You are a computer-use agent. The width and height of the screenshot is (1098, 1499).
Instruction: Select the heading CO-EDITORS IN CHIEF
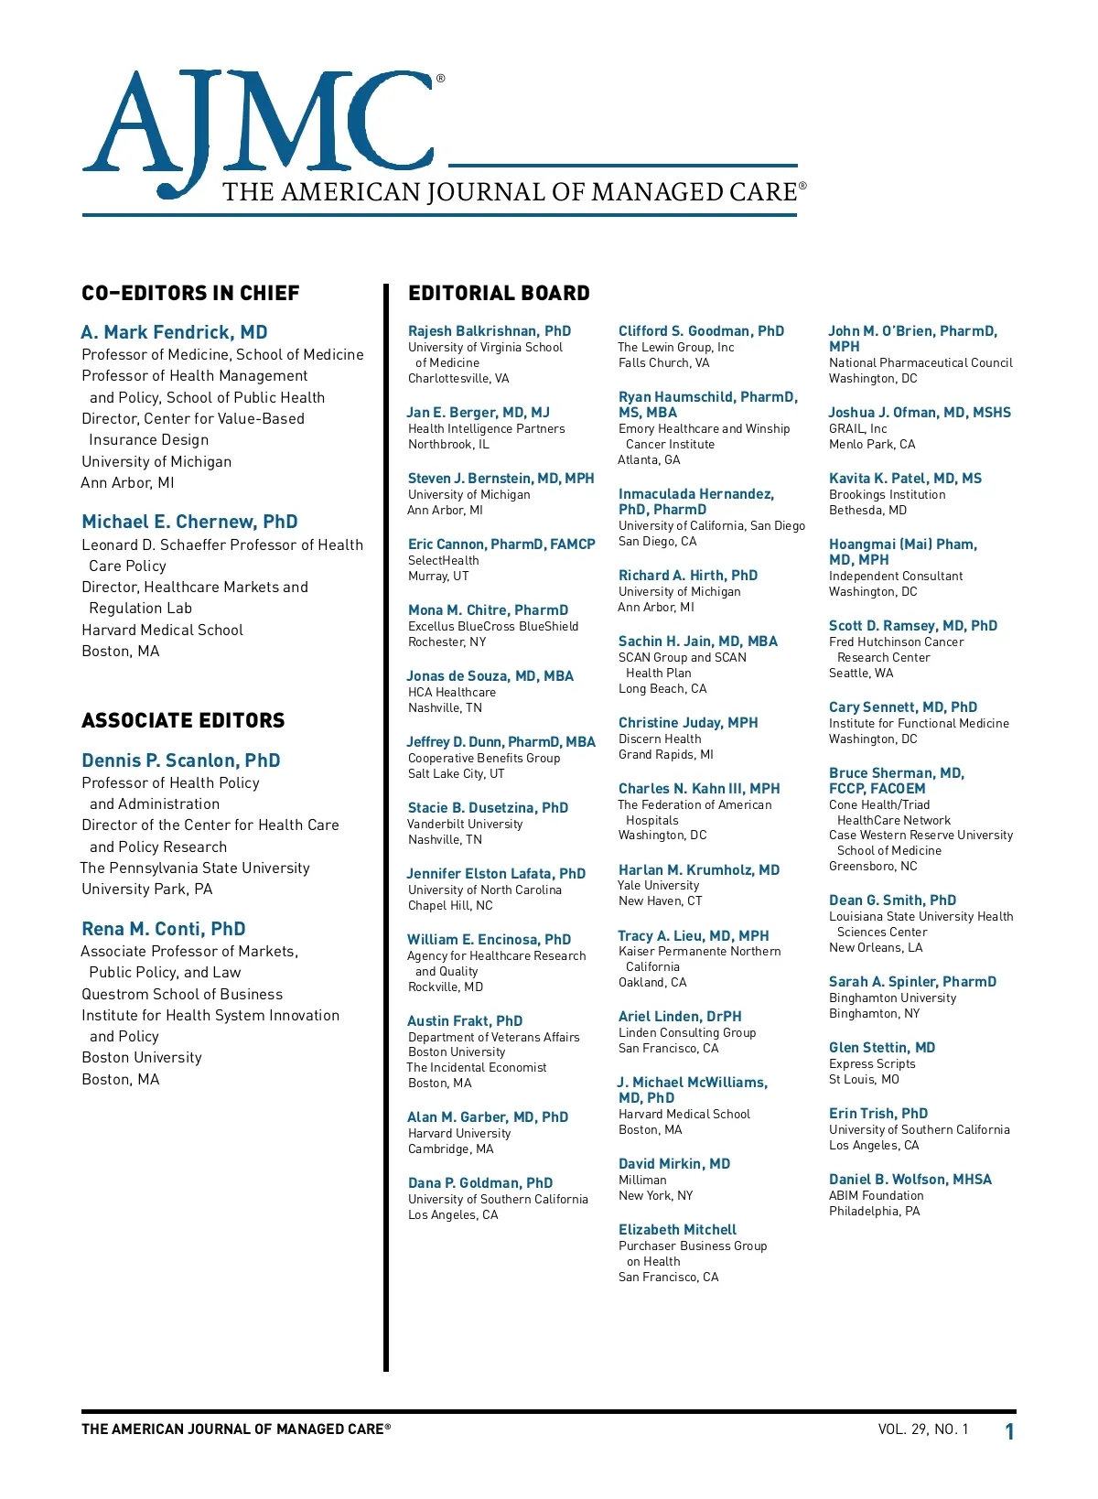coord(190,294)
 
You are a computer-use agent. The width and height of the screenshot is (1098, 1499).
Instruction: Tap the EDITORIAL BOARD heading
coord(499,294)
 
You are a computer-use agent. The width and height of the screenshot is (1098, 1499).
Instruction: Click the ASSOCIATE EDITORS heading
coord(183,721)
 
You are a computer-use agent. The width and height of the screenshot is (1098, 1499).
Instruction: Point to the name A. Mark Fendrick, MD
coord(174,332)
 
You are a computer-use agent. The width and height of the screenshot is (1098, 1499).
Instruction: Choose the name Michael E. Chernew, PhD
coord(189,522)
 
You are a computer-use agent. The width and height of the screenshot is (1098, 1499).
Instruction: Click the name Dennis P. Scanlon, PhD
coord(180,760)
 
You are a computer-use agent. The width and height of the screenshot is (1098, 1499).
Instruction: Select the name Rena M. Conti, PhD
coord(163,929)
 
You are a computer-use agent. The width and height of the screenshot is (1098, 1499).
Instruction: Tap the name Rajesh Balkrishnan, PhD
coord(489,331)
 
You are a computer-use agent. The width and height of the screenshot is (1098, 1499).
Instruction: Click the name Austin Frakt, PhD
coord(465,1021)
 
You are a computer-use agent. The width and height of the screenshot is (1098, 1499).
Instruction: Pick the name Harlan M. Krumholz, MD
coord(699,870)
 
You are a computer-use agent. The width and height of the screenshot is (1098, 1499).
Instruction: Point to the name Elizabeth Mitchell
coord(677,1230)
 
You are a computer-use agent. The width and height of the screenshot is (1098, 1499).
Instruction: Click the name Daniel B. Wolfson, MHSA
coord(910,1180)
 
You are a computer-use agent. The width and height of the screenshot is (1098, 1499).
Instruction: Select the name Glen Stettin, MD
coord(882,1048)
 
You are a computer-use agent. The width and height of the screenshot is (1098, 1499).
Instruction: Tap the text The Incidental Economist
coord(477,1068)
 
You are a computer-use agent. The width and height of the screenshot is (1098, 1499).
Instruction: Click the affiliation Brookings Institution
coord(887,495)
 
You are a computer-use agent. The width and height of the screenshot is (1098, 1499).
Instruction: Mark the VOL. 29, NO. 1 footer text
coord(922,1429)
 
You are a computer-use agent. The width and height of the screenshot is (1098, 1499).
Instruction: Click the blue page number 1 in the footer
coord(1009,1432)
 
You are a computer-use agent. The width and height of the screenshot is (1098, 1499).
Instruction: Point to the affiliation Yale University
coord(658,886)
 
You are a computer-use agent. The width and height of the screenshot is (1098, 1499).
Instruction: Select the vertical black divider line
coord(386,824)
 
